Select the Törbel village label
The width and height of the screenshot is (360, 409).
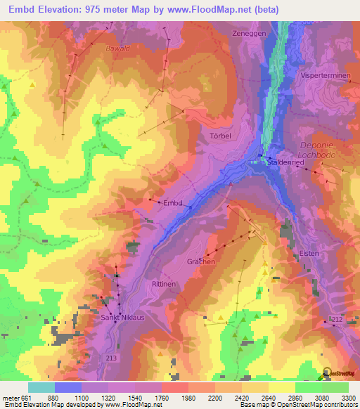(220, 136)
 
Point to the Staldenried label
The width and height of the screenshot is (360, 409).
(285, 162)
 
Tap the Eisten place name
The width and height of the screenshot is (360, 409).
(309, 253)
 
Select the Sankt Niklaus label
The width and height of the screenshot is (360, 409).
(122, 318)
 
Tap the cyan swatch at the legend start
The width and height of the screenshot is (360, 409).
(41, 387)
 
